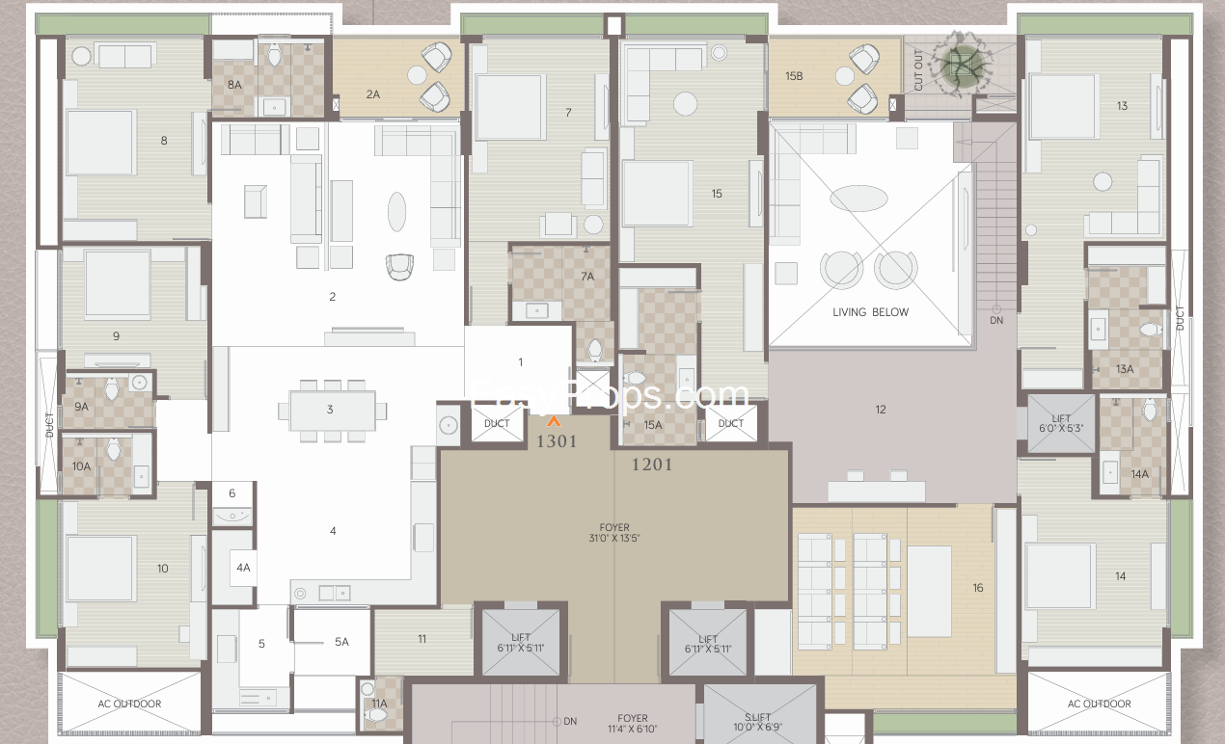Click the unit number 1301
coord(557,441)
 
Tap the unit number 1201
coord(652,465)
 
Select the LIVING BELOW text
coord(871,312)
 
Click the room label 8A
coord(234,85)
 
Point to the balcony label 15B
coord(794,76)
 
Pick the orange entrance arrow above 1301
coord(554,421)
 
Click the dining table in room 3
coord(333,411)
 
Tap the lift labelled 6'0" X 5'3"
coord(1061,423)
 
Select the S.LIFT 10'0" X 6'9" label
coord(758,722)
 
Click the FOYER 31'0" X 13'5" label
coord(614,533)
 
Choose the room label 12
coord(881,410)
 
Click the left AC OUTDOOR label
coord(129,704)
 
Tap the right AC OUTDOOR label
coord(1100,704)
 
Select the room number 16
coord(978,588)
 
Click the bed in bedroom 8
coord(100,143)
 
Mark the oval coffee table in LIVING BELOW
coord(858,198)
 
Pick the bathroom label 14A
coord(1140,474)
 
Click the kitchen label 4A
coord(243,568)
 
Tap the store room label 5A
coord(341,643)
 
